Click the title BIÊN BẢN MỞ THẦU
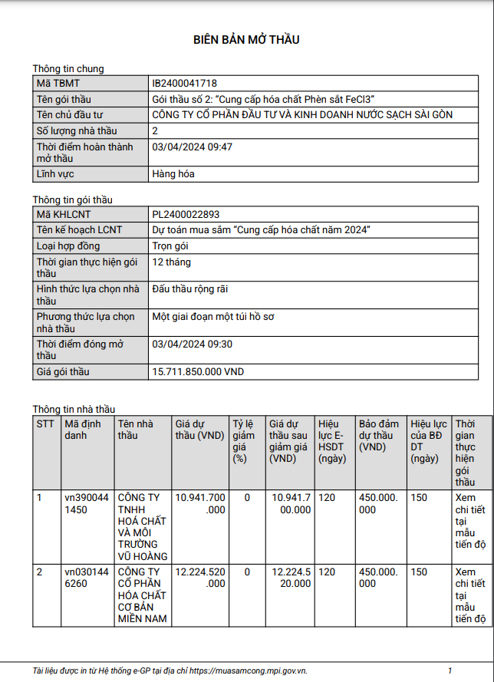(246, 40)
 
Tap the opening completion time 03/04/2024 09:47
(192, 147)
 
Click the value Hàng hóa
(173, 174)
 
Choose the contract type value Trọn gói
(170, 246)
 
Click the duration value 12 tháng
(172, 262)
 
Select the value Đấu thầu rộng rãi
(189, 289)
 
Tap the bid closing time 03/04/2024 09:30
(192, 344)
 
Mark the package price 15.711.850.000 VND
(198, 372)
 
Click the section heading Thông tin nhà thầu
(74, 409)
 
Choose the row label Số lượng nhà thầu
(77, 131)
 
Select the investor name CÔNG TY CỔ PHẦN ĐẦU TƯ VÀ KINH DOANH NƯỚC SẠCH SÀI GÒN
(302, 115)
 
